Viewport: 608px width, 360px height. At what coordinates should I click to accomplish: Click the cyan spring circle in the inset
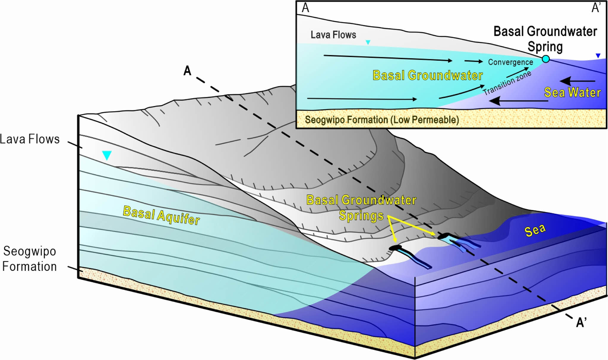[x=546, y=59]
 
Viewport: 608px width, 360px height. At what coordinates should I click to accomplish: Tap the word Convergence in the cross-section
[x=510, y=62]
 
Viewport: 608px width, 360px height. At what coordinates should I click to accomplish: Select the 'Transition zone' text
[x=507, y=83]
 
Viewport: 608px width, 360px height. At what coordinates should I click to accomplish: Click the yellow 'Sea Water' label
[x=572, y=92]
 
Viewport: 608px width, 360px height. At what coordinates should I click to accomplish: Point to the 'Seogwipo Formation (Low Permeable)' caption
[x=382, y=120]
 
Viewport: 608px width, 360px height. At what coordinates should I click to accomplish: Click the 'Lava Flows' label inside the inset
[x=333, y=35]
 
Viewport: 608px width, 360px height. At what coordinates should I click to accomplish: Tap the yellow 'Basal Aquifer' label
[x=161, y=215]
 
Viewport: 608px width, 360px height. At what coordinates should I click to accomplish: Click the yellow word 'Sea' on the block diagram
[x=535, y=230]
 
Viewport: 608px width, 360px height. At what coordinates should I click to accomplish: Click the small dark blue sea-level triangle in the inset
[x=598, y=55]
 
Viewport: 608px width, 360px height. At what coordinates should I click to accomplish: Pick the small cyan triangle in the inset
[x=368, y=42]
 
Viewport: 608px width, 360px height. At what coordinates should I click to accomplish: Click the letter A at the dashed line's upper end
[x=187, y=71]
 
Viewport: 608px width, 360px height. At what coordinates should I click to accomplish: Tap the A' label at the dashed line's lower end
[x=581, y=322]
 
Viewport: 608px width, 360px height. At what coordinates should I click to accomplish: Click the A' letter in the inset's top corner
[x=596, y=8]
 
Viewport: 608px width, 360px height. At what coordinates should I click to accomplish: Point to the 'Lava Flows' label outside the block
[x=30, y=139]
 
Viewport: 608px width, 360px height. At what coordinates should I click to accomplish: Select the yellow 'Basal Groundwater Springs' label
[x=361, y=207]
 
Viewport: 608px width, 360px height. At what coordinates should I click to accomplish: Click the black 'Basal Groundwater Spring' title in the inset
[x=545, y=39]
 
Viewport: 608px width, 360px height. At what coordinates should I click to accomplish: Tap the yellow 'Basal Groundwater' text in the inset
[x=427, y=75]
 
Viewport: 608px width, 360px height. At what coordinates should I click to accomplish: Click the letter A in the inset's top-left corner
[x=305, y=8]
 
